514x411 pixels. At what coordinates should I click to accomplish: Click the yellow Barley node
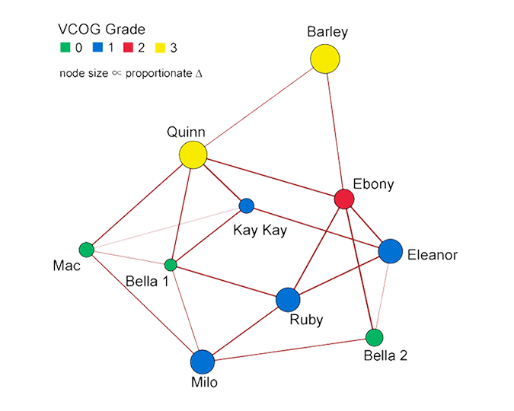tap(324, 59)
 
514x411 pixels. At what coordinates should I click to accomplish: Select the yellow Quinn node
tap(193, 155)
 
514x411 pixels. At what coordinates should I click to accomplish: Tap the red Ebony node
tap(344, 199)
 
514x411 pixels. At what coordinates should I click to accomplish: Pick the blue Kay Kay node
tap(246, 205)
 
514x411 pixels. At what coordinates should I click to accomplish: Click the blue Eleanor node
tap(390, 250)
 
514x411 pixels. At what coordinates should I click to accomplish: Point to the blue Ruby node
tap(288, 300)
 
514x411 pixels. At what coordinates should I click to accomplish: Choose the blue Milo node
tap(202, 362)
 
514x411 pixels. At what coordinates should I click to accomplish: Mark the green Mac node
tap(86, 249)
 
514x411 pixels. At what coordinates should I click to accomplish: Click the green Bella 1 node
tap(171, 265)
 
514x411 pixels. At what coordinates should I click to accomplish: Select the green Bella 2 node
tap(374, 337)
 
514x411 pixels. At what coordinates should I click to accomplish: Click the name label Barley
tap(327, 32)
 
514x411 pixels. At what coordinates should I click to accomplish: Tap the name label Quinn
tap(187, 132)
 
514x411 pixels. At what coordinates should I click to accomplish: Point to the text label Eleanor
tap(432, 255)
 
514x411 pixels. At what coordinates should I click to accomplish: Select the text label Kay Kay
tap(260, 230)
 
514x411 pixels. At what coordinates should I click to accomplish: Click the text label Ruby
tap(306, 320)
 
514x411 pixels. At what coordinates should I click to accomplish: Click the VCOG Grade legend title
tap(101, 30)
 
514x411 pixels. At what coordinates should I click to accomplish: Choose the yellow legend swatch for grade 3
tap(162, 48)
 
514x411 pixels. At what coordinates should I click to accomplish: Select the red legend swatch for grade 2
tap(128, 48)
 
